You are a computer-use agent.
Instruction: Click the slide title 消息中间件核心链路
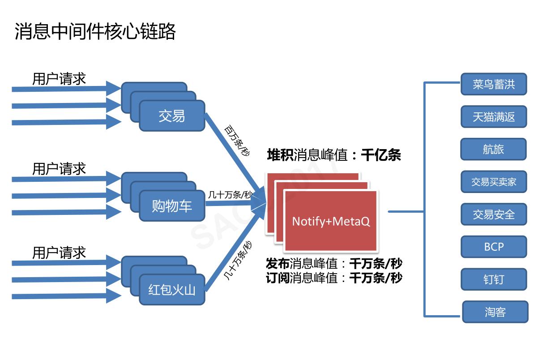coord(95,32)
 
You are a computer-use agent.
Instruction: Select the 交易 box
coord(172,116)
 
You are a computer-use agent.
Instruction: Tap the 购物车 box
coord(172,206)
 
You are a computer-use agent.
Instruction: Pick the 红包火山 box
coord(172,290)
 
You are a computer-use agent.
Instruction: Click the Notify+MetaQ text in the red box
coord(331,221)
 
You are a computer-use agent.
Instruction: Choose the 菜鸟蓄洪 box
coord(494,85)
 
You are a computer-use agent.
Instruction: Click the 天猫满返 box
coord(494,117)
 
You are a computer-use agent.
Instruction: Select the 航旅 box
coord(493,149)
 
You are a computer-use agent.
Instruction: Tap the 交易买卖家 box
coord(494,182)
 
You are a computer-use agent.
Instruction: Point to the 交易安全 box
coord(494,214)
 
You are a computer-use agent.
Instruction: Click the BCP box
coord(494,247)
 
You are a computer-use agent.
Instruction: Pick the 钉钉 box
coord(494,279)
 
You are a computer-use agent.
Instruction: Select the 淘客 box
coord(495,312)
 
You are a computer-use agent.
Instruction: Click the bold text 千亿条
coord(381,155)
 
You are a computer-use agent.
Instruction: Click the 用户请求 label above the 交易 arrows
coord(59,79)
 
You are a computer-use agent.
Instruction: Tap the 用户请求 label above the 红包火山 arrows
coord(59,253)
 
